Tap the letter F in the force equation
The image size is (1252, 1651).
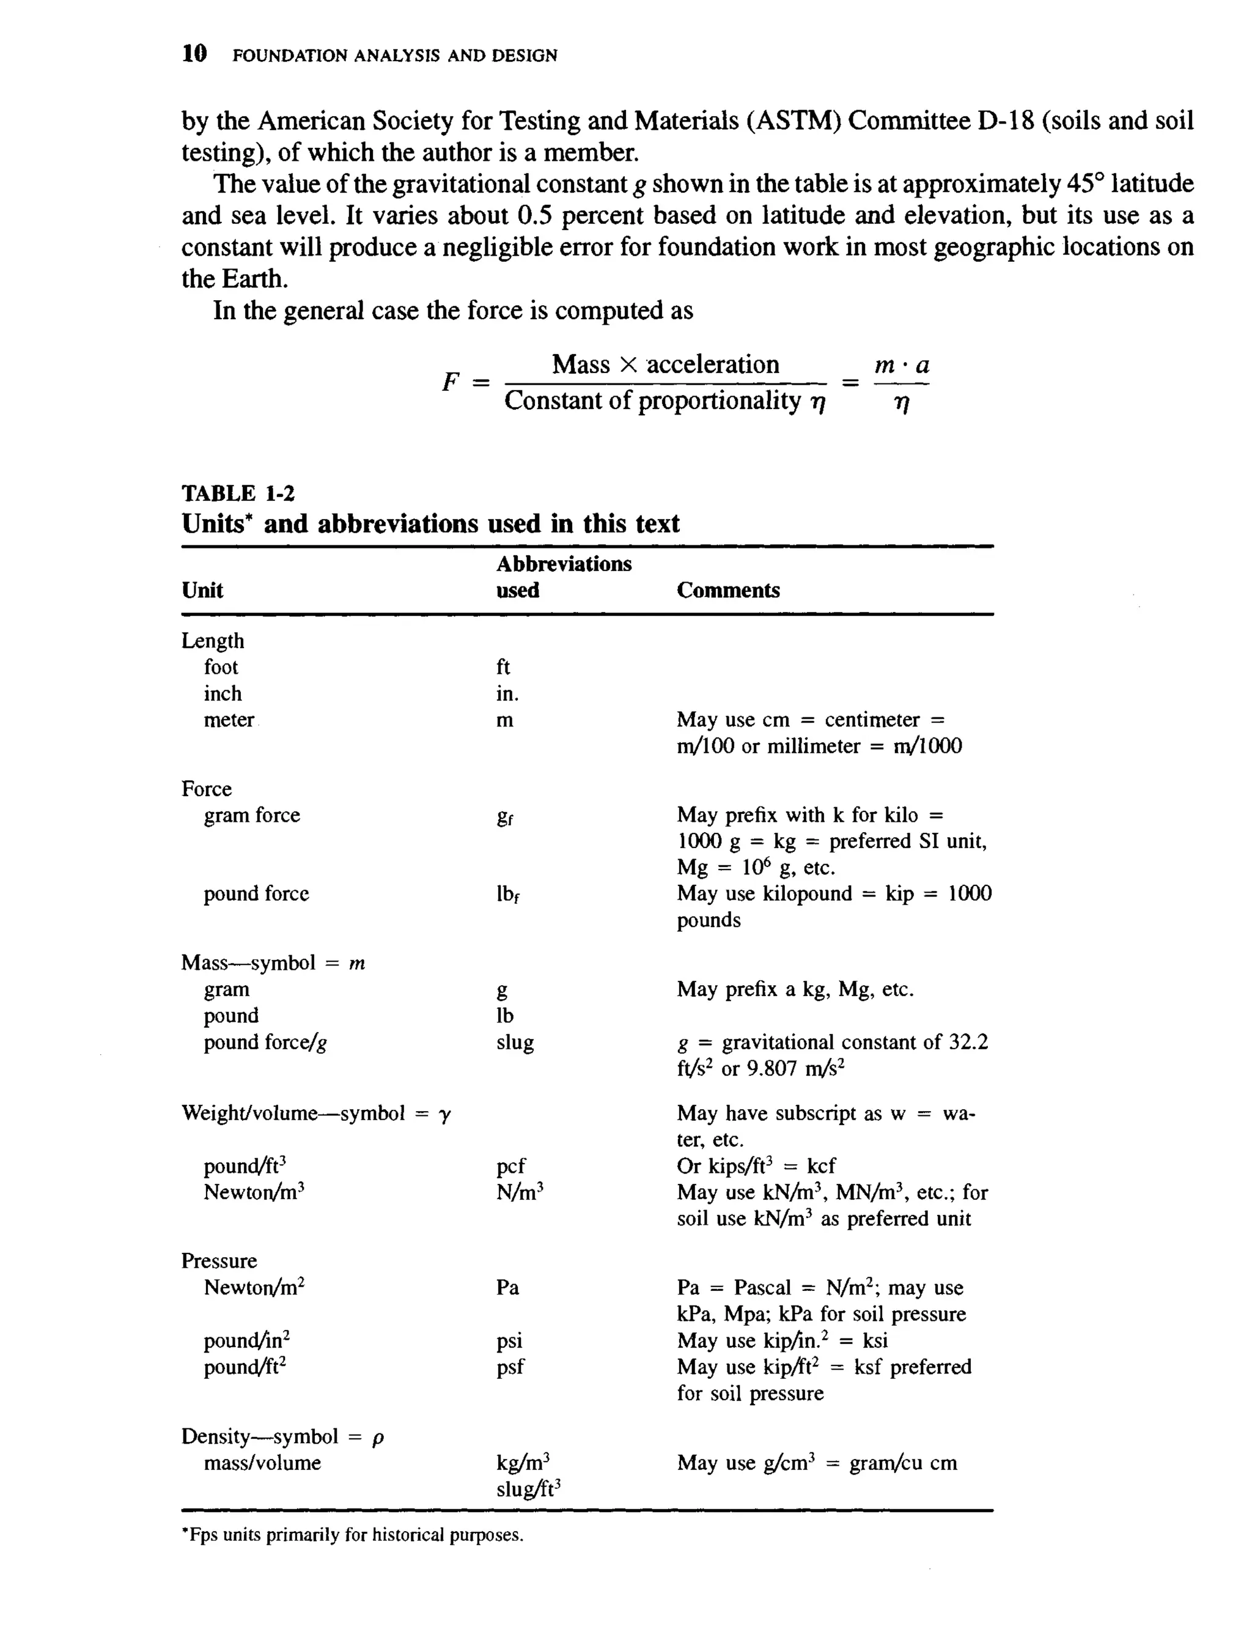coord(450,382)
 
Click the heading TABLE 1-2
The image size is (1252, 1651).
coord(238,493)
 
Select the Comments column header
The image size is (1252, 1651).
coord(727,591)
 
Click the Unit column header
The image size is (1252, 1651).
coord(202,591)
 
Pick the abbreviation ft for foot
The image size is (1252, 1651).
coord(503,667)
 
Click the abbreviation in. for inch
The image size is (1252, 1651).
coord(507,694)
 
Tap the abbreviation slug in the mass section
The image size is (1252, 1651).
coord(515,1043)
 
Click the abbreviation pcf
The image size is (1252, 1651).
coord(510,1166)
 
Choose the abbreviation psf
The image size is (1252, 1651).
coord(510,1367)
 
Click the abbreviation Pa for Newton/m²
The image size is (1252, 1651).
coord(507,1288)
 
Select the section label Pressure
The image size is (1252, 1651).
coord(219,1261)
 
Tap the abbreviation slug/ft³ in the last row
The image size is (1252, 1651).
coord(528,1489)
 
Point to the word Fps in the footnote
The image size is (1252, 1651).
coord(203,1535)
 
